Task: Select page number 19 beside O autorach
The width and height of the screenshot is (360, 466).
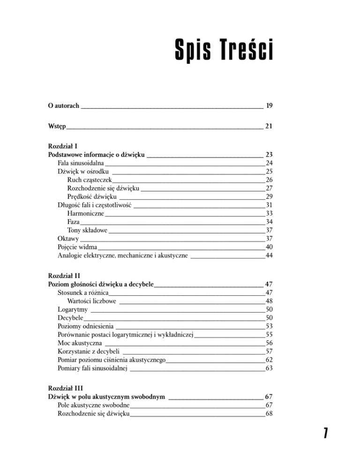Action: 269,106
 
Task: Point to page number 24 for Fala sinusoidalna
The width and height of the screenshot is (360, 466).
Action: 269,163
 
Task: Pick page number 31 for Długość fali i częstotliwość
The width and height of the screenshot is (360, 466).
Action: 269,205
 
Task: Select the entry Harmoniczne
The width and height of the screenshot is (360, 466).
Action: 85,213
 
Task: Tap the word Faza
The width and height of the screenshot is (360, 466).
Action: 73,222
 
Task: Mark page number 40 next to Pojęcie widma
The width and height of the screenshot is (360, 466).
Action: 269,247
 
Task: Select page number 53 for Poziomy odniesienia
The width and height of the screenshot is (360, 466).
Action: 269,326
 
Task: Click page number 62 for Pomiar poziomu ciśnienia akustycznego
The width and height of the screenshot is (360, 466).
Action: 269,360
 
